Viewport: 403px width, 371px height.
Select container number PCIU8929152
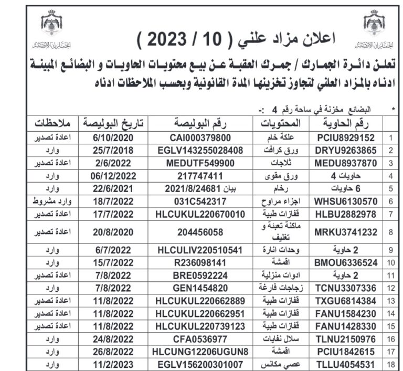coord(344,139)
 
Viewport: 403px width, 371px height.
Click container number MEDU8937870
coord(344,163)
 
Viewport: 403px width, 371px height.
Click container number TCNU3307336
coord(344,287)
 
